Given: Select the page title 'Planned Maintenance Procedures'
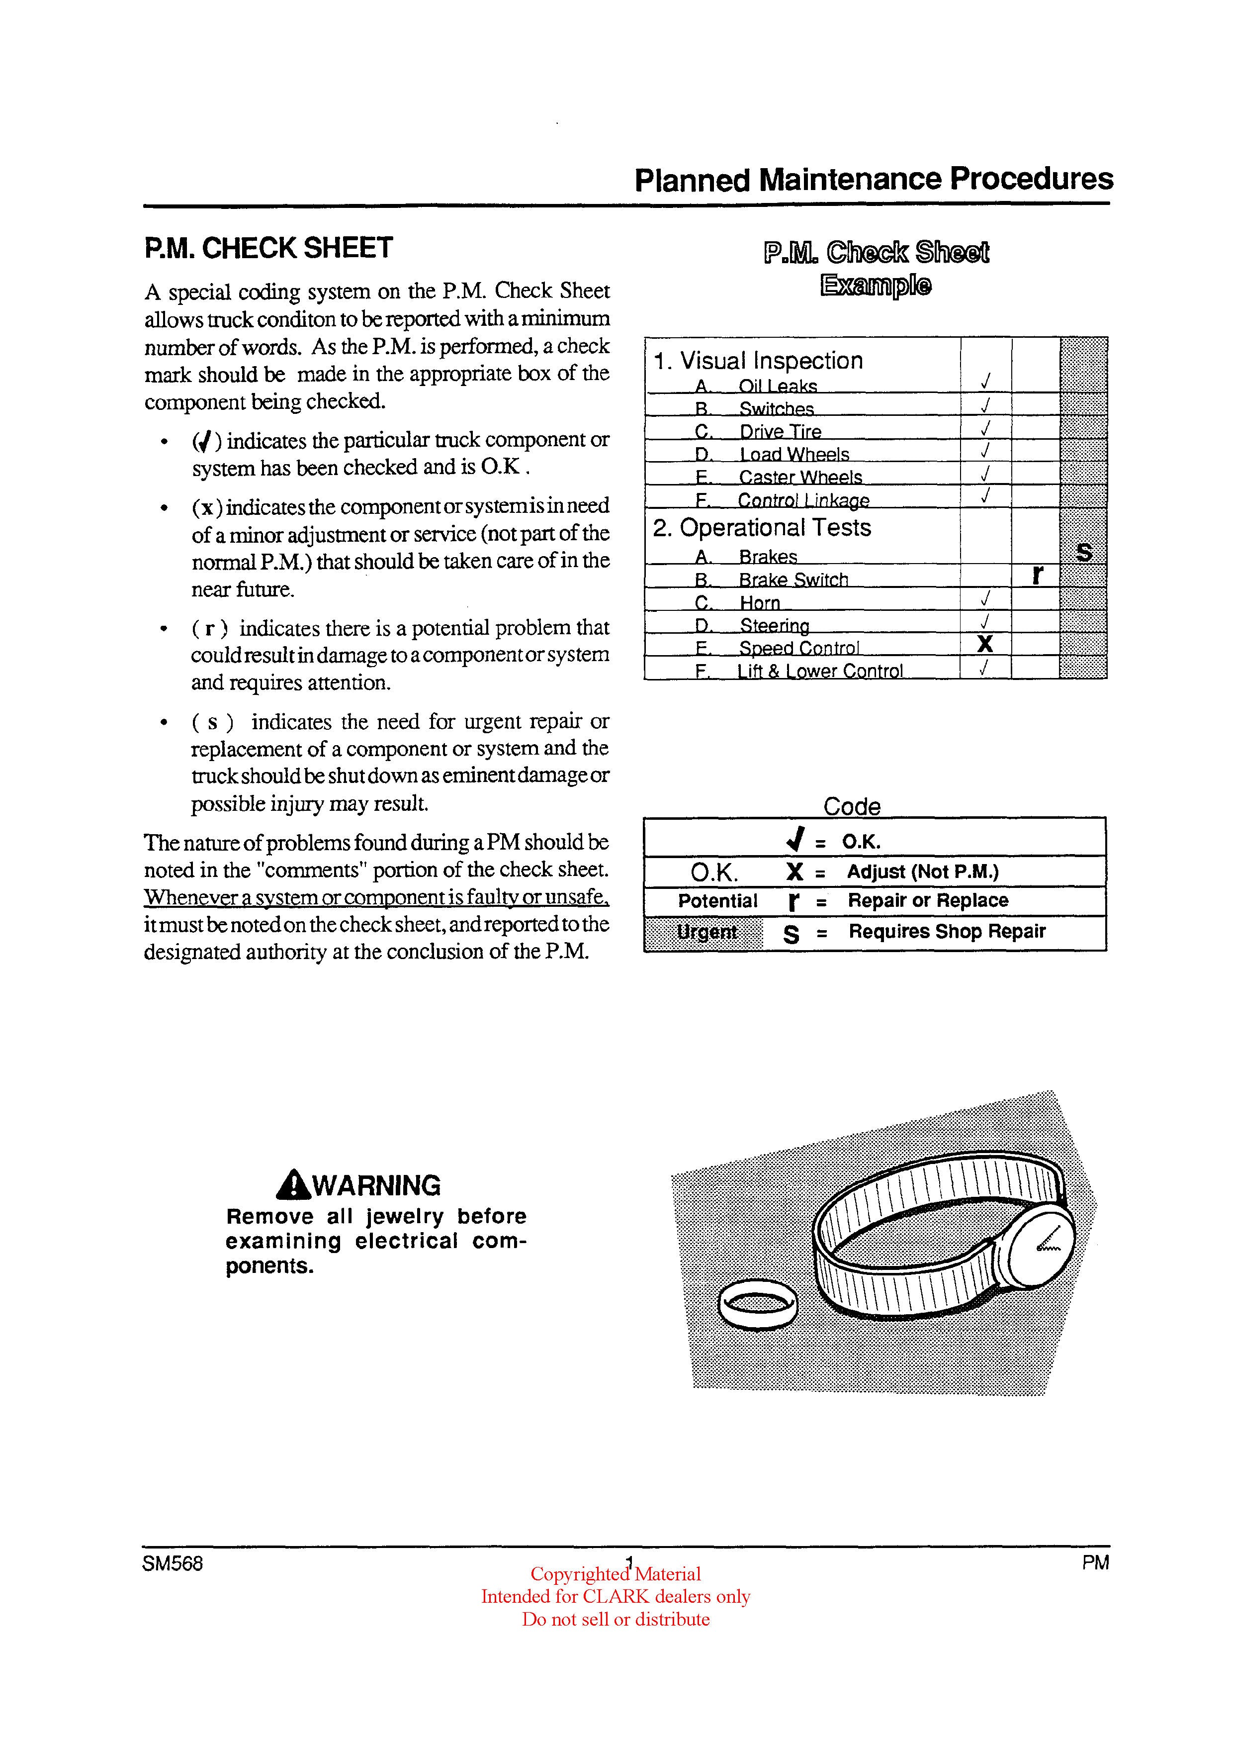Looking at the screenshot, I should click(x=873, y=180).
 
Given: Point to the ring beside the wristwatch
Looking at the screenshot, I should click(x=757, y=1305).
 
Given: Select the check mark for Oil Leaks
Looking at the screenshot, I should click(x=985, y=380).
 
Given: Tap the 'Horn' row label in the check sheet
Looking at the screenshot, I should click(x=760, y=603).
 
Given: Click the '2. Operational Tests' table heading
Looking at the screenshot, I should click(x=761, y=527).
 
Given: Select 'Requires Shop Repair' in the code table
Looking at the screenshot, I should click(x=947, y=932).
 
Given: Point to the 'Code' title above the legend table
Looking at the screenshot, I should click(x=852, y=806).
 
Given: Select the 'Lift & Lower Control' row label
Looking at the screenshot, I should click(x=820, y=671).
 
